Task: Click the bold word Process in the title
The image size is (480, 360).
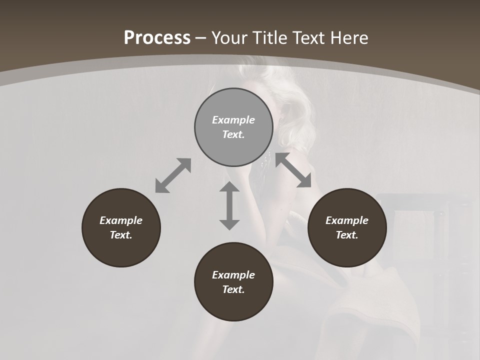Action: pos(157,38)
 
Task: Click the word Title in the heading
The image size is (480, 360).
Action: pos(270,38)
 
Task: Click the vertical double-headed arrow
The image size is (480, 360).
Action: pos(229,205)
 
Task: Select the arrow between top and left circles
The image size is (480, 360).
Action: pos(173,175)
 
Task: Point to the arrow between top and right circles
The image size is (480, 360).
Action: pos(293,170)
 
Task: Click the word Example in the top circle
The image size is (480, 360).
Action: pos(233,120)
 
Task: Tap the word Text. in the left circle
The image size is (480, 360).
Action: pos(121,235)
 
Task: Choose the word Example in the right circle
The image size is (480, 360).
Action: pos(347,220)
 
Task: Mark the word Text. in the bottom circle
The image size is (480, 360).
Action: pos(233,289)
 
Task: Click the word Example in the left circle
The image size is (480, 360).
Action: pos(121,220)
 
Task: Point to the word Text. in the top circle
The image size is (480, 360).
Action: pos(233,134)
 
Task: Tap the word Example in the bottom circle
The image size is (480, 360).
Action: pos(233,275)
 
